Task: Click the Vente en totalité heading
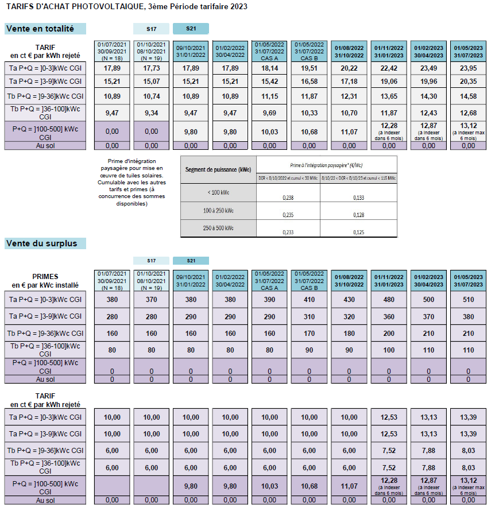coord(40,29)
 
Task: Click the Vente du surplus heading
coord(41,243)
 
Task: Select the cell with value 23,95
coord(468,68)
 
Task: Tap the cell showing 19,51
coord(309,68)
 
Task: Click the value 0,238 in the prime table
coord(288,197)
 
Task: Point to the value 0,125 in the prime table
coord(358,232)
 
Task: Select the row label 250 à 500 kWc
coord(218,228)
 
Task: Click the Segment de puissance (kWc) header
coord(218,171)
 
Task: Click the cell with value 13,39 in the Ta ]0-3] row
coord(468,417)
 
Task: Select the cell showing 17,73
coord(151,68)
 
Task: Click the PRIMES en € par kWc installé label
coord(46,280)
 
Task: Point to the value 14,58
coord(468,96)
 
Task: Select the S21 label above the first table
coord(191,29)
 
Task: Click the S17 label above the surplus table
coord(151,261)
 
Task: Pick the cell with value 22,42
coord(389,68)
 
